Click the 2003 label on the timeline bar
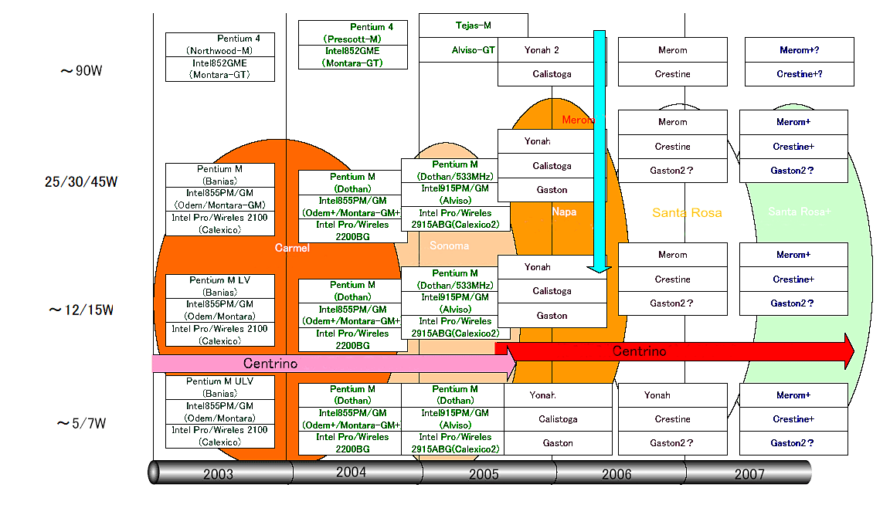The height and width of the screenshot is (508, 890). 219,474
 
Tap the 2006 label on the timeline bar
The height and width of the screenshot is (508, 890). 616,474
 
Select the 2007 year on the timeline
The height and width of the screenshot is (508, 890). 749,474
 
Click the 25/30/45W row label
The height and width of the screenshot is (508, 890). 81,182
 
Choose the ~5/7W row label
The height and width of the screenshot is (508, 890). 81,423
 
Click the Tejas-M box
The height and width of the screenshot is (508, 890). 473,25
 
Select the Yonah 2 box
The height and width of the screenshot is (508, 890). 542,50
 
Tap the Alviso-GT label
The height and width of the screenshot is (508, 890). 473,50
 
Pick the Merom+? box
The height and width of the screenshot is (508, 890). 799,50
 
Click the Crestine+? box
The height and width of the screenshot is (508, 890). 799,74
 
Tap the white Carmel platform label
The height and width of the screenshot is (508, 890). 292,248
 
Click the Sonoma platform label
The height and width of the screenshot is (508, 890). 449,246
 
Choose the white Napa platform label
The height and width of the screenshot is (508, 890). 564,212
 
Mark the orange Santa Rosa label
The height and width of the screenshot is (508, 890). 687,213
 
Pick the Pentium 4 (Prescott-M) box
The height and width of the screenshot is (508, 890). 352,32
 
